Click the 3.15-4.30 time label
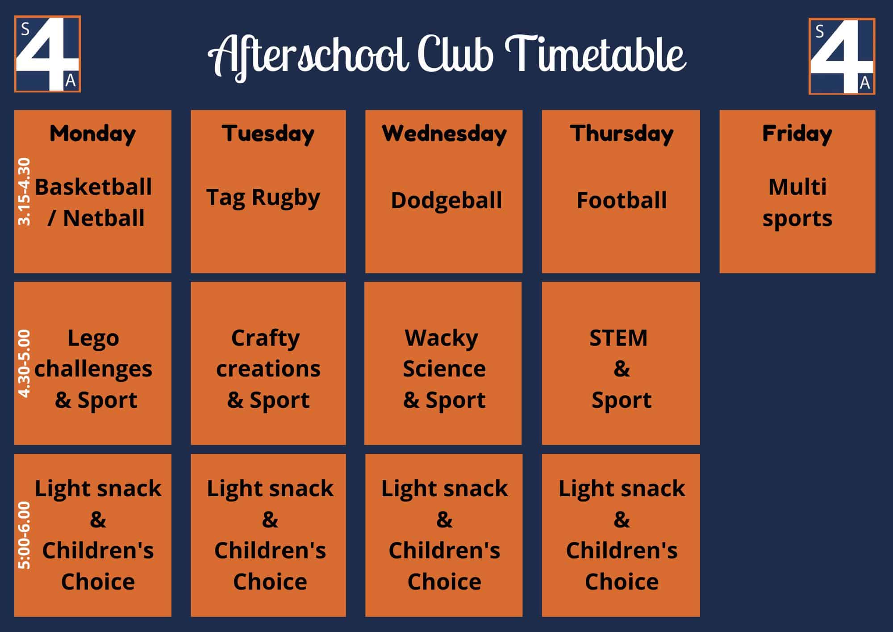point(24,192)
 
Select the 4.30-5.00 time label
point(24,364)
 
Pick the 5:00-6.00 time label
point(24,536)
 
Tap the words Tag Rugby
point(263,198)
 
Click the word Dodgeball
point(446,200)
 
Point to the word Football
point(622,200)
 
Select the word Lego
point(93,339)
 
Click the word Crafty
point(266,339)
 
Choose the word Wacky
point(442,339)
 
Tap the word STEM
point(618,338)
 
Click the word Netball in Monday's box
point(104,218)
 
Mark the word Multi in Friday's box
point(797,187)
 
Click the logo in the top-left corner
point(47,54)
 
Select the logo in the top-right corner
point(842,56)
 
